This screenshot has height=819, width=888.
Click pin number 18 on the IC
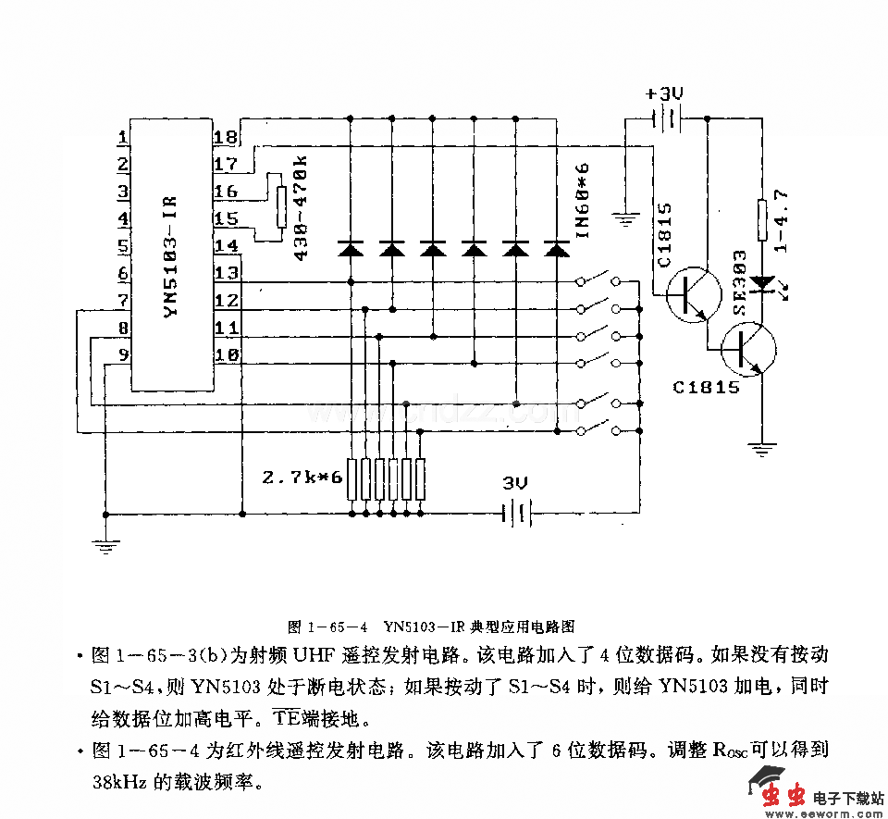click(226, 139)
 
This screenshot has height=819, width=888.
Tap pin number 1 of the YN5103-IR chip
click(122, 139)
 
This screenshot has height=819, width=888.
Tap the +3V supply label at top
click(664, 94)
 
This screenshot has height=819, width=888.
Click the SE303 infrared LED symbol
click(763, 280)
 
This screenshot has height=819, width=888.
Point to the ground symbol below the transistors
click(762, 451)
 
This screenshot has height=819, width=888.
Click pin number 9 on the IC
click(122, 354)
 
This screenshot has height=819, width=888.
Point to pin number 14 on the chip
click(226, 246)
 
